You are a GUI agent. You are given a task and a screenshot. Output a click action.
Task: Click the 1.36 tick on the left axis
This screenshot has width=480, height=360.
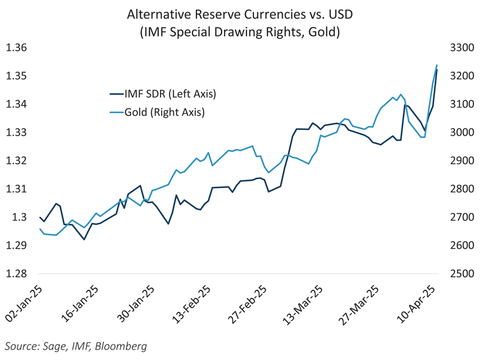click(x=16, y=48)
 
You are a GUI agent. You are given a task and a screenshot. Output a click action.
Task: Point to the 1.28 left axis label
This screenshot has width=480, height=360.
click(x=16, y=274)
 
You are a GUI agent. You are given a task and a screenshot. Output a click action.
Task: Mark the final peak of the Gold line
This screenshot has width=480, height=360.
click(x=436, y=65)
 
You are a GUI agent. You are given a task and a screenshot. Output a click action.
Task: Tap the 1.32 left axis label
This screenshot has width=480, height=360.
click(x=16, y=160)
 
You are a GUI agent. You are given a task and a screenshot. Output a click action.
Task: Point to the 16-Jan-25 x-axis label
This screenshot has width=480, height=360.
click(x=81, y=304)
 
